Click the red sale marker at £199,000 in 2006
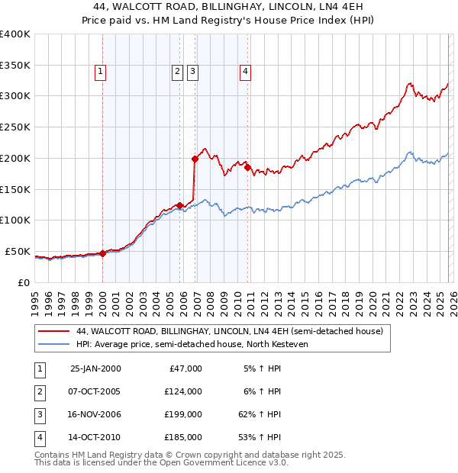195,159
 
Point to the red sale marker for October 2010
247,167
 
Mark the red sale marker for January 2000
102,253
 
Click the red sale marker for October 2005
179,205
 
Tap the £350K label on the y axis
15,65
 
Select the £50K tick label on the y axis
18,251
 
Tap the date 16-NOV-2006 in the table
95,414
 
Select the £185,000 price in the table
183,437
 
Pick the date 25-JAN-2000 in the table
95,368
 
